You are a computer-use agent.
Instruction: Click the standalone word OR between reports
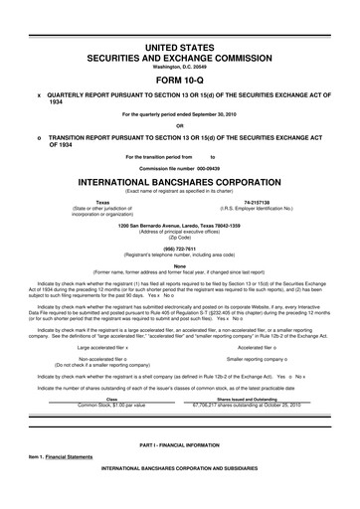coord(180,125)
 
